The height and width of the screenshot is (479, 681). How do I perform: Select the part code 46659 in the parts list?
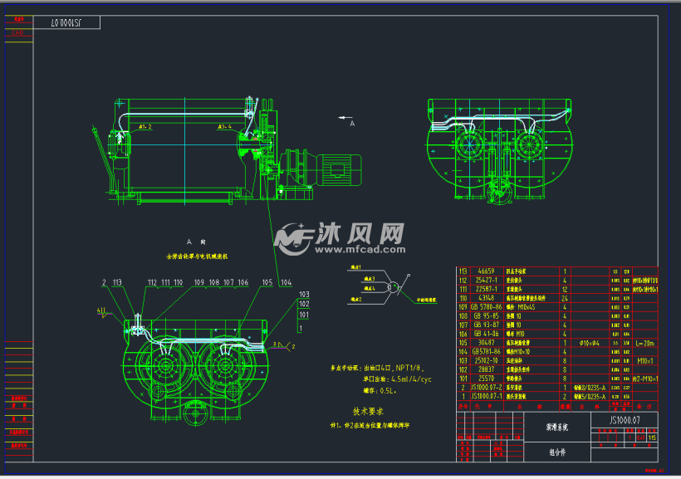point(485,271)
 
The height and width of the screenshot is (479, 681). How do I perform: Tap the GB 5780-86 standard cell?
point(485,306)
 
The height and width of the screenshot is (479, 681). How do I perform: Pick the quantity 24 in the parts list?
point(565,297)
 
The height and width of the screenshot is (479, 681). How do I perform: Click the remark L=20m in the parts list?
point(645,342)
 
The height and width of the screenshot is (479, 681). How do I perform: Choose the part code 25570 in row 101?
point(485,378)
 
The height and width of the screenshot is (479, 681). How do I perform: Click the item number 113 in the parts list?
point(463,271)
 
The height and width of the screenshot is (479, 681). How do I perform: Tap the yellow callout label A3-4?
point(225,127)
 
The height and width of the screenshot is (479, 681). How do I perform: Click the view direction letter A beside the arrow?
point(352,123)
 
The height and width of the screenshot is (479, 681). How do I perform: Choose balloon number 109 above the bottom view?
point(199,283)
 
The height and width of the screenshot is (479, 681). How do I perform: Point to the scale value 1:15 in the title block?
point(651,438)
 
